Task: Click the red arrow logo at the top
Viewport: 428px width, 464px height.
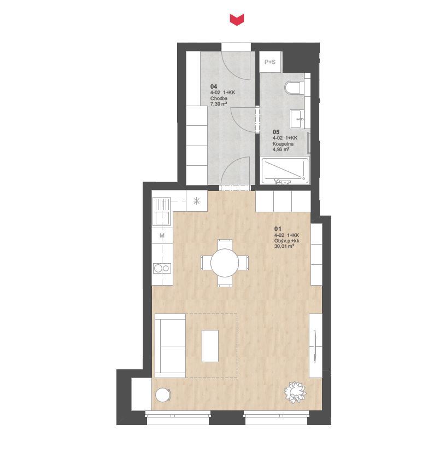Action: click(x=237, y=20)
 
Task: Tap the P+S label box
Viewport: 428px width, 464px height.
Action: click(x=270, y=62)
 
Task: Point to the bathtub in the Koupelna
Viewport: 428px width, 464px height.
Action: click(x=285, y=171)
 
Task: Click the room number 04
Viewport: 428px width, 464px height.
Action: click(x=214, y=86)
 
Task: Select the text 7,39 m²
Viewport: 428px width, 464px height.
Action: click(x=219, y=104)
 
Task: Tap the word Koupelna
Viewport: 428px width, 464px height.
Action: click(x=283, y=144)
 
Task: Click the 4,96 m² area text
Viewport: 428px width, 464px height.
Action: click(x=281, y=149)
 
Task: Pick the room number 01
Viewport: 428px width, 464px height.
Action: click(x=278, y=229)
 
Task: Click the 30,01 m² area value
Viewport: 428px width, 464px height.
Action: click(x=284, y=246)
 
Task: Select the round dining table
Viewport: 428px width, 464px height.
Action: click(x=225, y=263)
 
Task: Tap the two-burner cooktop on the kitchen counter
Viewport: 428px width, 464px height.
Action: click(x=162, y=269)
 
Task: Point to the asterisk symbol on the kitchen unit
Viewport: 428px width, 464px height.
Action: click(x=197, y=201)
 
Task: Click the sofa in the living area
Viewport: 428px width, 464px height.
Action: click(x=170, y=346)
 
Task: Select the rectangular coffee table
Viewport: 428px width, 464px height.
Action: click(x=210, y=346)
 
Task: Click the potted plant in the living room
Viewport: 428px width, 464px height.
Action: click(x=295, y=392)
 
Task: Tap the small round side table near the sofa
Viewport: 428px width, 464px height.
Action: click(x=163, y=395)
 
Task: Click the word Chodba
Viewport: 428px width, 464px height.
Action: click(x=219, y=98)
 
